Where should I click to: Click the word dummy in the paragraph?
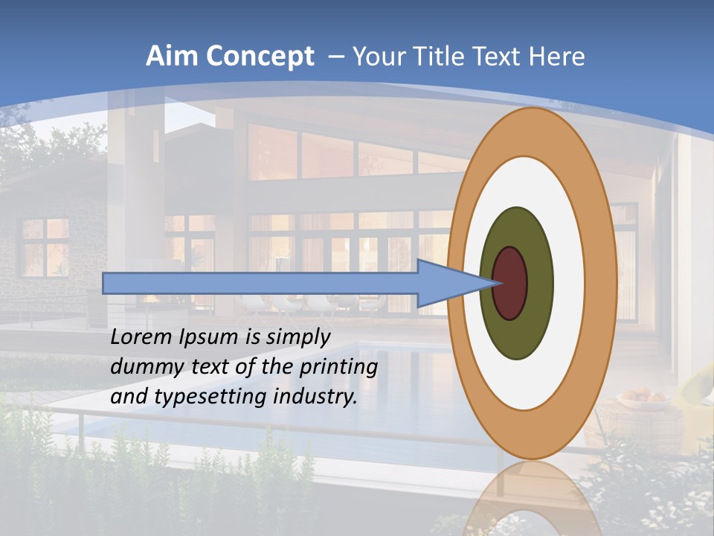pyautogui.click(x=141, y=367)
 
